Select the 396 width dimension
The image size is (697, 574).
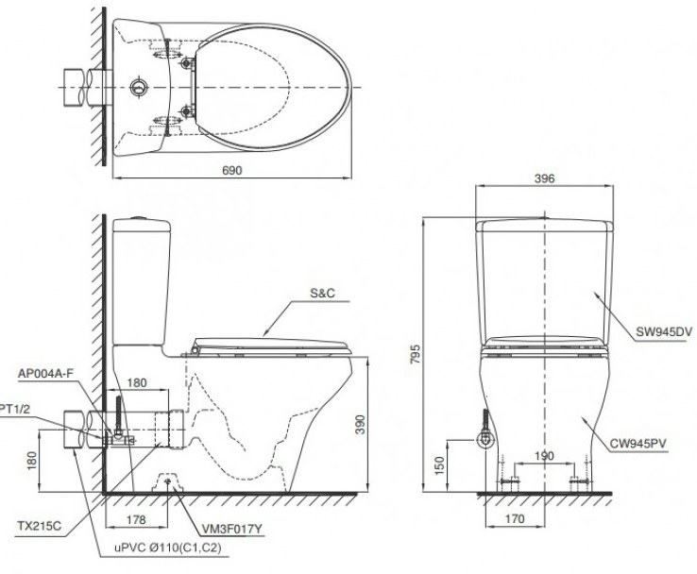tap(543, 177)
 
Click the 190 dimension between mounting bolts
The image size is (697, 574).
tap(542, 455)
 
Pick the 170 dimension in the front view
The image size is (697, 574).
tap(515, 517)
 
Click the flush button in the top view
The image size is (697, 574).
tap(139, 87)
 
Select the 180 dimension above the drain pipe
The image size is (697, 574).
tap(136, 383)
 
